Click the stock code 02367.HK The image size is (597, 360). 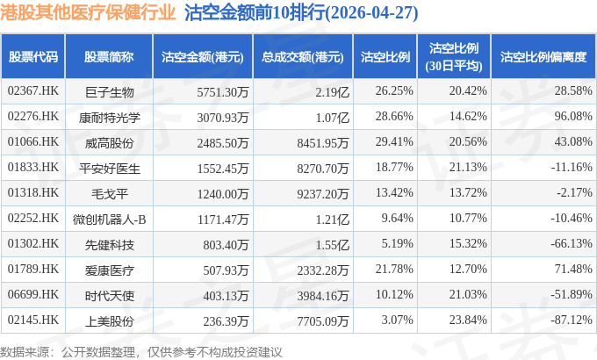pos(33,91)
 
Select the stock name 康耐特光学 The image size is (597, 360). pos(109,117)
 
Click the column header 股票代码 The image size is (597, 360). pos(33,57)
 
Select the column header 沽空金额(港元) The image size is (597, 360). pos(200,57)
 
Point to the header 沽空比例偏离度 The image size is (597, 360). pos(543,57)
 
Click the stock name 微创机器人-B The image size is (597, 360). pos(109,216)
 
